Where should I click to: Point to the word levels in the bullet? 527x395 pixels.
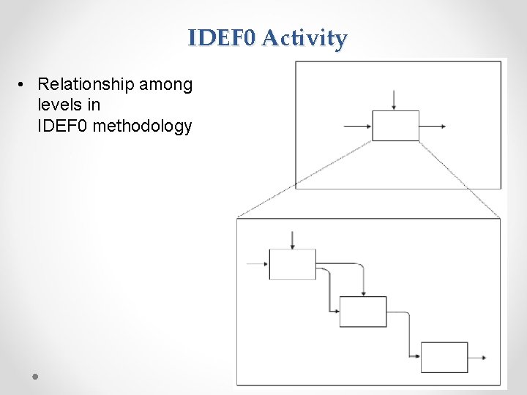[60, 105]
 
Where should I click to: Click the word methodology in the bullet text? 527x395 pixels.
[143, 127]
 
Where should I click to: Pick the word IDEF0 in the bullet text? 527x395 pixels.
[64, 127]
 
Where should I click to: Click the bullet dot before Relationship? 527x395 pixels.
[23, 86]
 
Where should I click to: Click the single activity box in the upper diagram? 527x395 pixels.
[395, 126]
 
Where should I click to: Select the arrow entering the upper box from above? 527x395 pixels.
[395, 99]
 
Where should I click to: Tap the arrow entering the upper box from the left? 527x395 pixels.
[358, 127]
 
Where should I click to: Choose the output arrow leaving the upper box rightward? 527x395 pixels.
[433, 127]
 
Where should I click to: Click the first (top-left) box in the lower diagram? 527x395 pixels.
[293, 264]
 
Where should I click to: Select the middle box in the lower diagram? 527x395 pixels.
[363, 312]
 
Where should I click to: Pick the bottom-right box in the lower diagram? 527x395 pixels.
[444, 357]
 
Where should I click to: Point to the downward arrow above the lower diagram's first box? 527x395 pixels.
[293, 239]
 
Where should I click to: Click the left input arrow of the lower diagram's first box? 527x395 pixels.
[258, 264]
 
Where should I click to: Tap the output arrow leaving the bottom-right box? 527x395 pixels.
[477, 358]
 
